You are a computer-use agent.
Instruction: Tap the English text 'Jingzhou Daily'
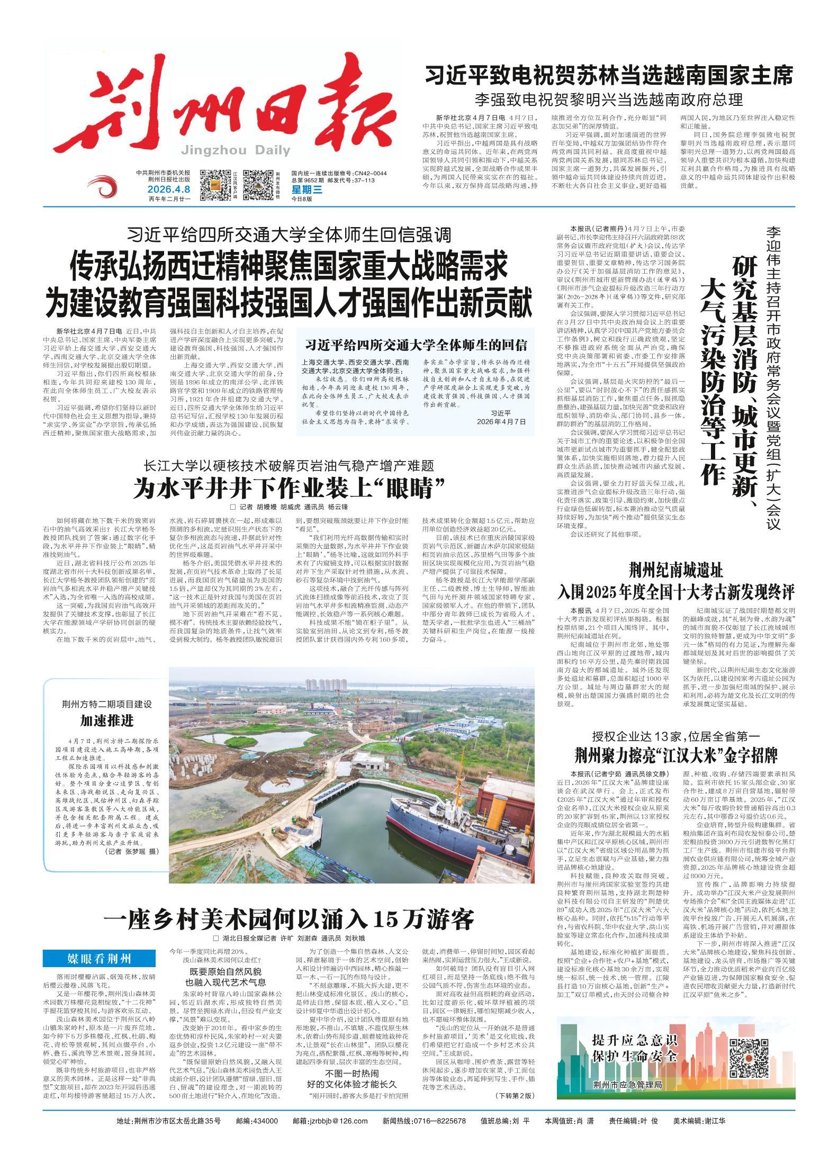(x=236, y=151)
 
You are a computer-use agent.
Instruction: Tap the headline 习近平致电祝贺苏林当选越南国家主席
(x=609, y=76)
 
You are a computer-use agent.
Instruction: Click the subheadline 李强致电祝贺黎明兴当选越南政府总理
(x=609, y=100)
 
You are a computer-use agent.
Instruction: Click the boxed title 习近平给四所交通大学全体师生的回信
(x=416, y=345)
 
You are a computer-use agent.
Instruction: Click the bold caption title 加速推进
(x=107, y=720)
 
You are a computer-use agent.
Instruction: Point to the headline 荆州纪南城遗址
(x=675, y=571)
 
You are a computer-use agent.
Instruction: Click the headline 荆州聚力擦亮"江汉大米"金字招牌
(x=675, y=754)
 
